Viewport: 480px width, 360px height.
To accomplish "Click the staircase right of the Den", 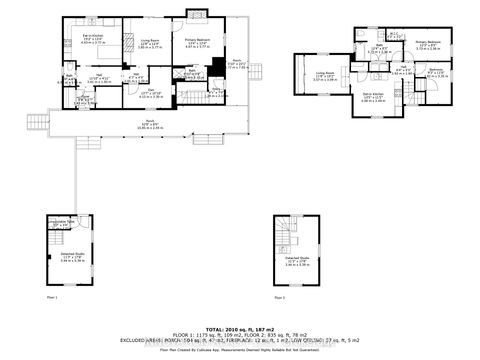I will [190, 97].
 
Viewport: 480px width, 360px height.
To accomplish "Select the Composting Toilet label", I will [63, 224].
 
